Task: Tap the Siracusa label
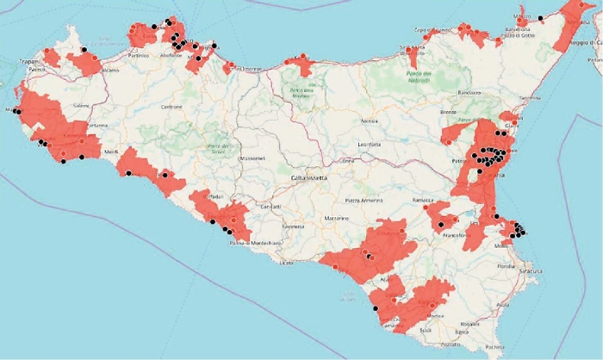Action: point(529,271)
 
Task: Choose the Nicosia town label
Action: point(370,121)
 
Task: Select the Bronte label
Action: point(448,112)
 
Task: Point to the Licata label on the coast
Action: point(287,262)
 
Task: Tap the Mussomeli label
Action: point(252,159)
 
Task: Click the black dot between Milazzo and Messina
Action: point(540,17)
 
